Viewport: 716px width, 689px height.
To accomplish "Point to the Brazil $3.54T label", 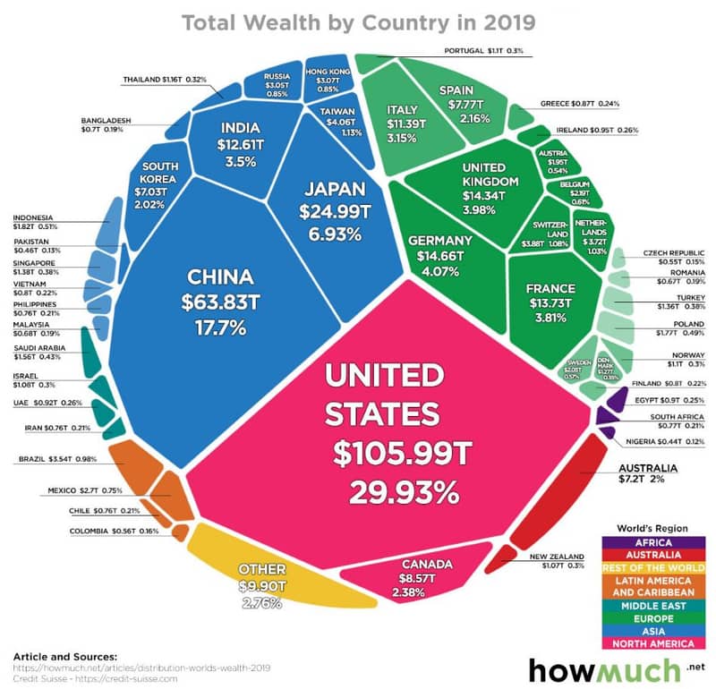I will coord(58,460).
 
